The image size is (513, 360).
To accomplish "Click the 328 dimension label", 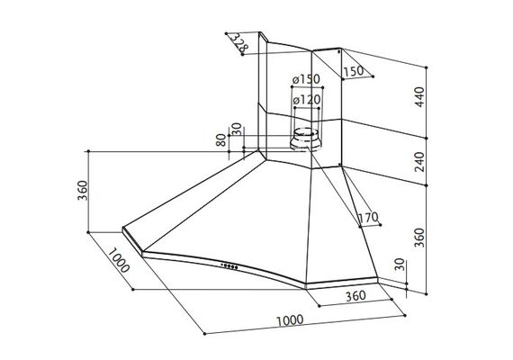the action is click(x=238, y=42).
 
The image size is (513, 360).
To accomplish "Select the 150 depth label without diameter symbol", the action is click(x=354, y=71).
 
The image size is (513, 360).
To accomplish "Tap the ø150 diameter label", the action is click(x=306, y=79).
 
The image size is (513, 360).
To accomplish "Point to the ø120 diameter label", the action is click(x=307, y=100).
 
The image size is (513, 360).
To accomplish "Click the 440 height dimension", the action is click(x=419, y=96).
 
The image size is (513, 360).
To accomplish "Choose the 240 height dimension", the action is click(x=419, y=161).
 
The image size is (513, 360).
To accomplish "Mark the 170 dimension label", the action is click(x=368, y=217).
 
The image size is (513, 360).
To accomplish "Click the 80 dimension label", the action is click(x=221, y=140).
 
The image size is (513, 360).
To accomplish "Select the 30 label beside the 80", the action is click(x=237, y=130).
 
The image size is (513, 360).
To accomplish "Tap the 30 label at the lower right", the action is click(x=400, y=265).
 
